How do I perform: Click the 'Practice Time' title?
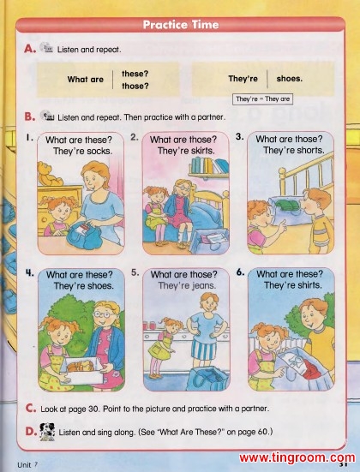click(x=181, y=25)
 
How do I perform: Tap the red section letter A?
click(x=30, y=49)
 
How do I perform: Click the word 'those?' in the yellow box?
click(x=135, y=87)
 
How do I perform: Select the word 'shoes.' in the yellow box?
click(x=289, y=79)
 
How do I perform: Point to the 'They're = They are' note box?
click(x=262, y=99)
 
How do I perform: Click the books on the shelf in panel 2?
click(x=209, y=165)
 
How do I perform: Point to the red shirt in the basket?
click(x=310, y=368)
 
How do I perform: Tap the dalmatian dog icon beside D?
click(x=47, y=432)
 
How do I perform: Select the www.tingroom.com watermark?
click(x=297, y=457)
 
